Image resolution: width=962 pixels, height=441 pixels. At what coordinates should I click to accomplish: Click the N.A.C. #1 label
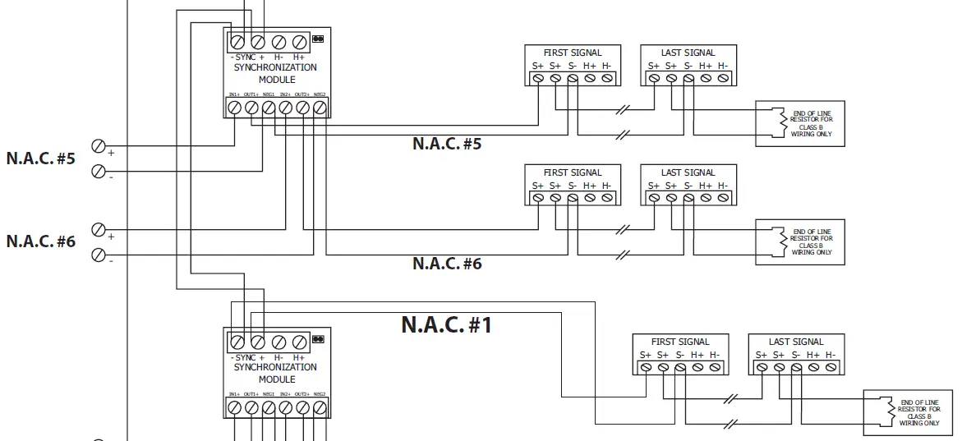click(x=446, y=324)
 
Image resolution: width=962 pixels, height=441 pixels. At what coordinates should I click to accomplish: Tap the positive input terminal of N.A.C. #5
click(x=99, y=147)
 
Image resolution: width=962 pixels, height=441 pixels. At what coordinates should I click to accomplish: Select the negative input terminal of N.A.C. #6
click(x=99, y=255)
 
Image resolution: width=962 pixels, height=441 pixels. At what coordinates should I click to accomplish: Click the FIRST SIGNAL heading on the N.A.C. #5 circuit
click(x=572, y=53)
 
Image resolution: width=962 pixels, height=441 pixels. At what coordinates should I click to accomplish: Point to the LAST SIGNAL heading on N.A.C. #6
click(x=688, y=172)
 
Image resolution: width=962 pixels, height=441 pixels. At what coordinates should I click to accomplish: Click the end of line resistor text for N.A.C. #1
click(x=919, y=413)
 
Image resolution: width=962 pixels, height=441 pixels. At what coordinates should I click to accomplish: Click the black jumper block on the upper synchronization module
click(x=318, y=38)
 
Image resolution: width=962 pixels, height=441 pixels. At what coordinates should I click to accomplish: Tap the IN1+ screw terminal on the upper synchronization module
click(x=234, y=107)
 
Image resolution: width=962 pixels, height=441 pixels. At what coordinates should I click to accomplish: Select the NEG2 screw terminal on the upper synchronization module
click(x=320, y=107)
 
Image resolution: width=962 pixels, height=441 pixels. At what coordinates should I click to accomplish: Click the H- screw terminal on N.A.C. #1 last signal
click(x=831, y=367)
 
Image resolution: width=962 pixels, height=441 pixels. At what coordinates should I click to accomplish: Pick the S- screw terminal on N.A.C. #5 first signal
click(x=573, y=78)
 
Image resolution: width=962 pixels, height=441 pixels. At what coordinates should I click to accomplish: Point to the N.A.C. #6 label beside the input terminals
click(x=41, y=241)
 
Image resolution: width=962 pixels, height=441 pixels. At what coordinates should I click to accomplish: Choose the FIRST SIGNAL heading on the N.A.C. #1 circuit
click(x=679, y=342)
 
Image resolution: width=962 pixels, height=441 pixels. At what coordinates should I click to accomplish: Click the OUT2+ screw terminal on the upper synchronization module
click(x=302, y=107)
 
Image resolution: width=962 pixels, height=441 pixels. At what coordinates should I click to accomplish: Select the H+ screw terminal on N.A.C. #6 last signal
click(x=706, y=198)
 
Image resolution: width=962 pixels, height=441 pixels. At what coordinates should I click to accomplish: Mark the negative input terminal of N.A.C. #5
click(x=99, y=171)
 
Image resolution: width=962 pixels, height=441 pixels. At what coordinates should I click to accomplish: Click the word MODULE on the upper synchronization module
click(x=276, y=80)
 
